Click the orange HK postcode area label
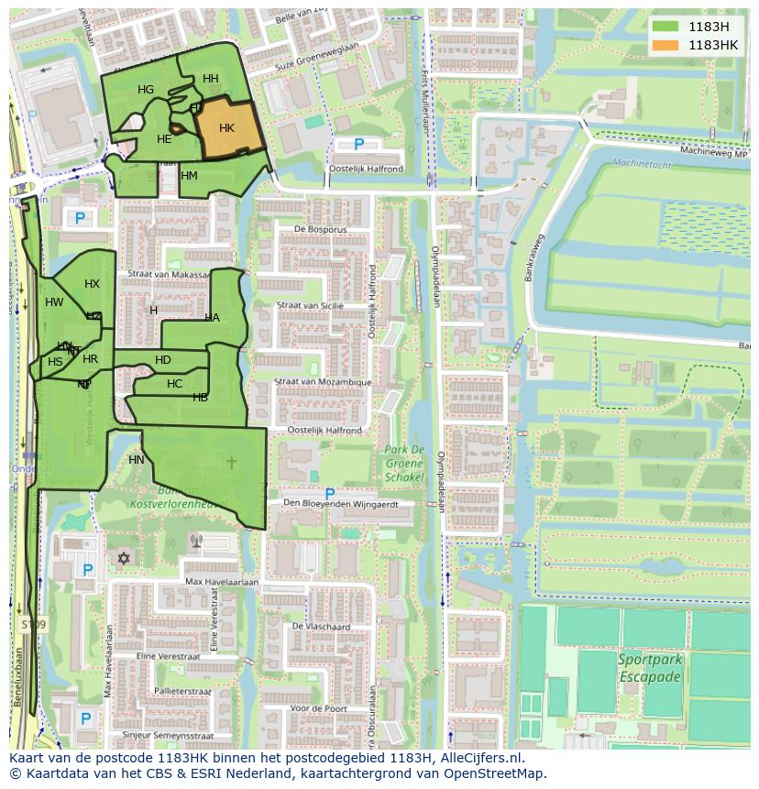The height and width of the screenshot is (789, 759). point(226,128)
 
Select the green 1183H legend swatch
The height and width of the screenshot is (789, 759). point(665,27)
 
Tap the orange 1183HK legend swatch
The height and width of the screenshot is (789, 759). point(665,45)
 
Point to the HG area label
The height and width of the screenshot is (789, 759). point(146,90)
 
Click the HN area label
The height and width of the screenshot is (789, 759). point(137,460)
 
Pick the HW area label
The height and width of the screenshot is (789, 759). point(54,302)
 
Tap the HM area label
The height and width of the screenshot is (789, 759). point(189,176)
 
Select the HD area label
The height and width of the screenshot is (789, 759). point(163,360)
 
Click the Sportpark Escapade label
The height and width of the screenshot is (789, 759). point(649,668)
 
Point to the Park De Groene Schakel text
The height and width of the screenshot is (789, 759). point(404,464)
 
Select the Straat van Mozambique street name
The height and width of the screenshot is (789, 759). point(324,382)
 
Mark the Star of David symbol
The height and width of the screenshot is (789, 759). point(124,558)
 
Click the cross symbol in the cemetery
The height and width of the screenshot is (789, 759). point(231,463)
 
